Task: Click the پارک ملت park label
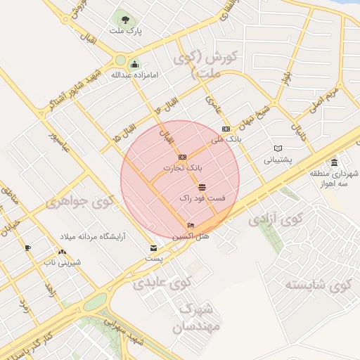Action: pos(126,32)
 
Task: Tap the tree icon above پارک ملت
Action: pos(125,20)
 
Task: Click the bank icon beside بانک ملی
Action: pos(226,129)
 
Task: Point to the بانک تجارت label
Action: pos(183,168)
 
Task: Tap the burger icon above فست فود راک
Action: pos(202,187)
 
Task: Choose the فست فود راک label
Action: pos(202,199)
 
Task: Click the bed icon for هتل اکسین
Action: pos(191,226)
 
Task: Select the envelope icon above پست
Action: pos(153,247)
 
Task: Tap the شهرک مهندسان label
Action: pos(200,318)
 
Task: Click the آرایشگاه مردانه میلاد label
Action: pos(91,236)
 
